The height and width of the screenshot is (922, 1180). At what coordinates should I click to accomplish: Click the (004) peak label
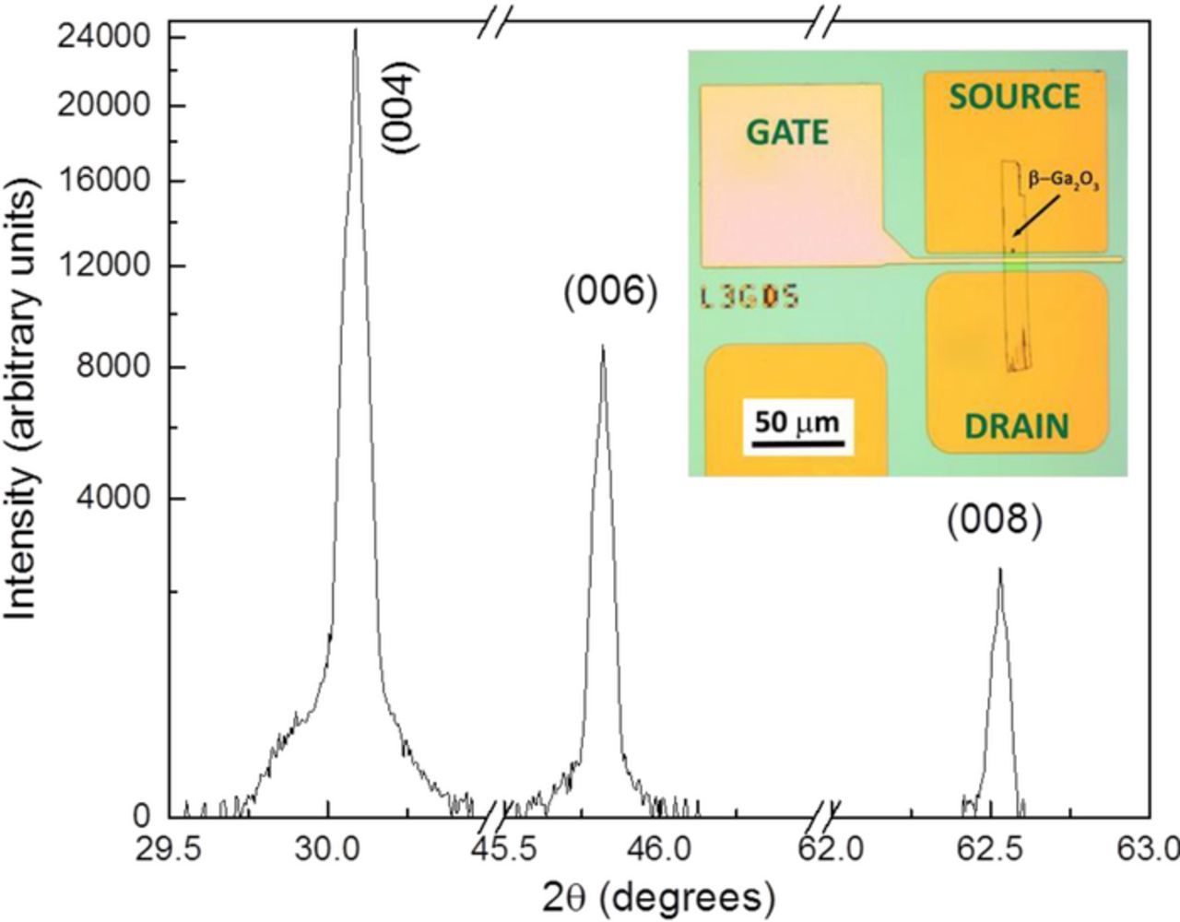click(x=403, y=108)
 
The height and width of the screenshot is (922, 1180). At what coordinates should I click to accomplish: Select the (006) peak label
click(x=610, y=292)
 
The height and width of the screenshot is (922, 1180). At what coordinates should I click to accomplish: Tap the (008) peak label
click(x=994, y=521)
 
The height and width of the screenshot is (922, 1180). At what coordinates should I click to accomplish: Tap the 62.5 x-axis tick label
click(x=988, y=846)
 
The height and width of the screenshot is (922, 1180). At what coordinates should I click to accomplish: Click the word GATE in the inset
click(x=787, y=133)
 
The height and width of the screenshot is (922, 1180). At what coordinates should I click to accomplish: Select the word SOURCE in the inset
click(x=1014, y=97)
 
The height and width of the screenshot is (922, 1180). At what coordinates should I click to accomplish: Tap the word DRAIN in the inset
click(x=1016, y=426)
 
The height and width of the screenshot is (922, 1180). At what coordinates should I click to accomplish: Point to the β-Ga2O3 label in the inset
click(x=1064, y=178)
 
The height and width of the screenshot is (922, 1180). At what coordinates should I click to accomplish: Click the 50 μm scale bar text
click(x=797, y=422)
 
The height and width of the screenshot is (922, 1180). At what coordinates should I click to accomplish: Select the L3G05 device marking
click(x=749, y=298)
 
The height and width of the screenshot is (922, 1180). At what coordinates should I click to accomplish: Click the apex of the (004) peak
click(x=355, y=30)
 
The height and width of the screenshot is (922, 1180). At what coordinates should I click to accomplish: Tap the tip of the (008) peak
click(x=999, y=569)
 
